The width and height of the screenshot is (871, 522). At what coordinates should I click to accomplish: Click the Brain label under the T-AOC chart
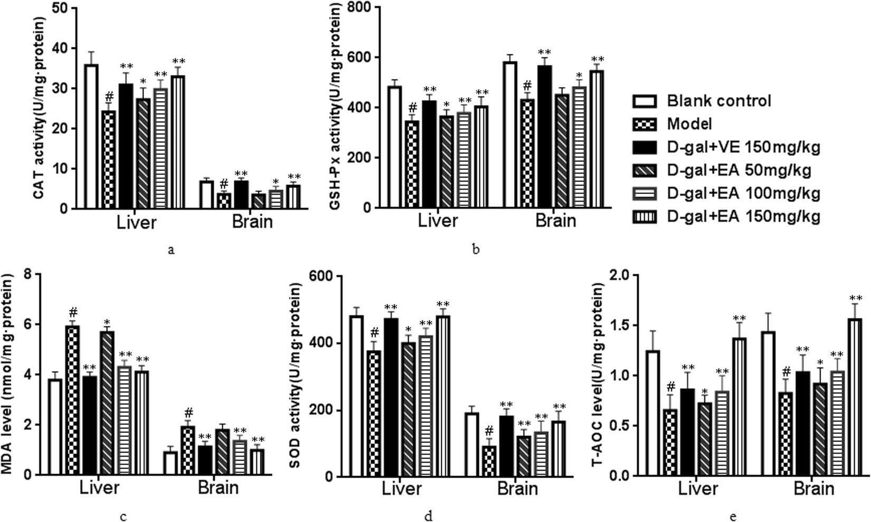pos(814,489)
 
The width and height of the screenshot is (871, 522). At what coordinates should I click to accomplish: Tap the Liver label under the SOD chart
pos(402,489)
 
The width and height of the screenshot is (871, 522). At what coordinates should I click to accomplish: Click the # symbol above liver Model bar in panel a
pos(109,96)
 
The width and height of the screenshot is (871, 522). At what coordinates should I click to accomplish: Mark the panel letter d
pos(428,516)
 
